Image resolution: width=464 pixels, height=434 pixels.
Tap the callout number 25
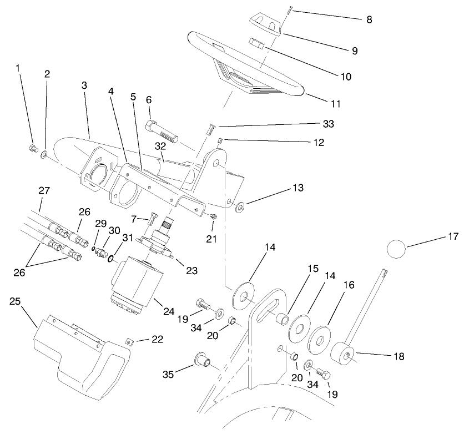pyautogui.click(x=14, y=301)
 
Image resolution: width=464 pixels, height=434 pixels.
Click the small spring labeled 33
pyautogui.click(x=210, y=130)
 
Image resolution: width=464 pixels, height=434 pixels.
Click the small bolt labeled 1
pyautogui.click(x=33, y=148)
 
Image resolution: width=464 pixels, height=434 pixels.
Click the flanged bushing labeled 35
pyautogui.click(x=200, y=360)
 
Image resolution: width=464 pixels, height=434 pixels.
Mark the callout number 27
pyautogui.click(x=44, y=190)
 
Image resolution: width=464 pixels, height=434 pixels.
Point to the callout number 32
pyautogui.click(x=160, y=147)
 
